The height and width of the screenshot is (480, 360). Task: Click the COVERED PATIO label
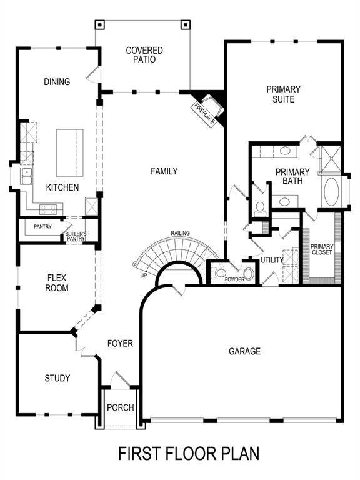(144, 55)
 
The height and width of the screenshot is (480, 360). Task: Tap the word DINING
(57, 82)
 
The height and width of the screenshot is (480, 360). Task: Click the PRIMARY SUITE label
(284, 94)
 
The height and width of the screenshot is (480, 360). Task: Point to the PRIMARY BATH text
(292, 177)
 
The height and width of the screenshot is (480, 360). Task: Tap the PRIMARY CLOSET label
(322, 249)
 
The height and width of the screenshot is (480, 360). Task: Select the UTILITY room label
(272, 260)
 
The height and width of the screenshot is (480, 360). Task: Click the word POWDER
(234, 279)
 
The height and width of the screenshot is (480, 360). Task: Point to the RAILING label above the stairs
(181, 234)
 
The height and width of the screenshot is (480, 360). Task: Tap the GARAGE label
(244, 352)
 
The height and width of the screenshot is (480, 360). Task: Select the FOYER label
(119, 343)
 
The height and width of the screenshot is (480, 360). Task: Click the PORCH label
(121, 408)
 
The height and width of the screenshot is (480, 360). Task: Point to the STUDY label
(57, 378)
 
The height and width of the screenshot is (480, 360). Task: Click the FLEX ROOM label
(57, 282)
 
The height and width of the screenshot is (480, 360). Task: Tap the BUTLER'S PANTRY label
(76, 236)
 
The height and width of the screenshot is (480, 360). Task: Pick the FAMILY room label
(164, 171)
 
